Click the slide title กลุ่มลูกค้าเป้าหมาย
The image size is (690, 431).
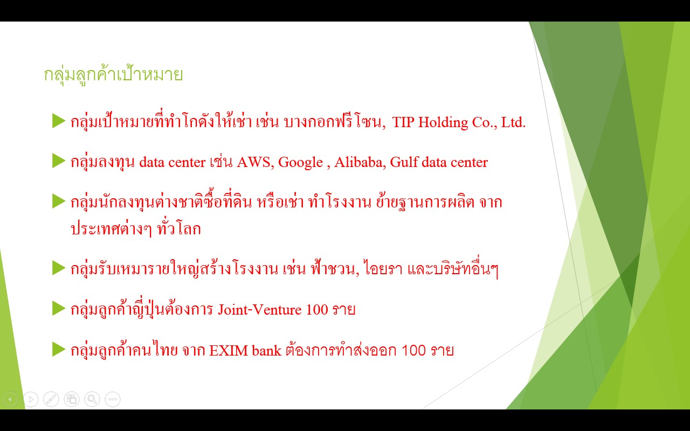coord(113,75)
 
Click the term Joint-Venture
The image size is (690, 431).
coord(260,310)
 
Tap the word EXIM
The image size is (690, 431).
coord(229,351)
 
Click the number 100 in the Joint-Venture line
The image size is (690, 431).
coord(317,310)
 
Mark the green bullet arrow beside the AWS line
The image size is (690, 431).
coord(59,161)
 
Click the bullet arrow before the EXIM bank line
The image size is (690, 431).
coord(59,349)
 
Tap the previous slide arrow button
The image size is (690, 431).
coord(10,399)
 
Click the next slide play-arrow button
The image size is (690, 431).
coord(31,399)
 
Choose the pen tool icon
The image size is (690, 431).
coord(51,399)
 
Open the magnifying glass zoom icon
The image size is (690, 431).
coord(92,399)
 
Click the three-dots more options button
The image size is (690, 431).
coord(113,399)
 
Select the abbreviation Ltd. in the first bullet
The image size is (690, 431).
coord(513,122)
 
